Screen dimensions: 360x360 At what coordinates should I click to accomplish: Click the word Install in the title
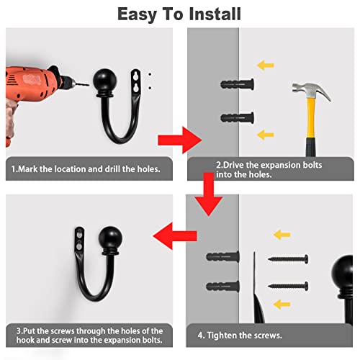[x=215, y=14]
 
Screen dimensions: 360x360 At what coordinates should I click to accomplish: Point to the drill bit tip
[x=89, y=84]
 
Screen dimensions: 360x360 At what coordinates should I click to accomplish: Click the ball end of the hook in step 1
[x=105, y=80]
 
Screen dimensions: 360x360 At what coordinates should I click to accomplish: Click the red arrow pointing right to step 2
[x=179, y=140]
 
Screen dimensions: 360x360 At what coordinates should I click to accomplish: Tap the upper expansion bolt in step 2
[x=237, y=84]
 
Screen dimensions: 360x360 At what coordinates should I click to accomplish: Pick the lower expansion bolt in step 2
[x=237, y=118]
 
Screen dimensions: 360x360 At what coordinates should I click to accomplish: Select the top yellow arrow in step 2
[x=266, y=66]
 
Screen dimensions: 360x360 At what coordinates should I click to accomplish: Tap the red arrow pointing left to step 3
[x=175, y=236]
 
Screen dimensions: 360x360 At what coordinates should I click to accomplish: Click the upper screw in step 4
[x=288, y=259]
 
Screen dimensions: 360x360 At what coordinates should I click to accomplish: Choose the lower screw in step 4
[x=288, y=286]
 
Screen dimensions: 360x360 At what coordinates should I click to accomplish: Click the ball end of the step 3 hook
[x=110, y=238]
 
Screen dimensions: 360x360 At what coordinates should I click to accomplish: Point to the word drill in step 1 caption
[x=112, y=169]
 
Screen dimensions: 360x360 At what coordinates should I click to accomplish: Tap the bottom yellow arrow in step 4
[x=282, y=305]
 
